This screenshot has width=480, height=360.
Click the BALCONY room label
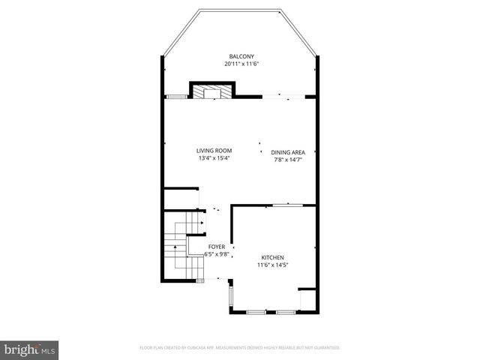coord(241,56)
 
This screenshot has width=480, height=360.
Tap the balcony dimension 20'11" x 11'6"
coord(241,64)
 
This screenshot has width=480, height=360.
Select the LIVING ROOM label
coord(214,151)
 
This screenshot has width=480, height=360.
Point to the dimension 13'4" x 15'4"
coord(214,158)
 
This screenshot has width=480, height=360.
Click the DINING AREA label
coord(288,152)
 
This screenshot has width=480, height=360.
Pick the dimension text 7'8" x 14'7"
coord(288,159)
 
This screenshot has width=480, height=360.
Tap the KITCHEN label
coord(273,256)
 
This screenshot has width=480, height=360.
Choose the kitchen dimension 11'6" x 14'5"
coord(273,264)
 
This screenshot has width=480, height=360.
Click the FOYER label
coord(216,247)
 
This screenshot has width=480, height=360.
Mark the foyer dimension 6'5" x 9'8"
coord(216,254)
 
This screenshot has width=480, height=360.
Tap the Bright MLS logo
coord(30,349)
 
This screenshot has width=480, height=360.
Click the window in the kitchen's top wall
coord(287,205)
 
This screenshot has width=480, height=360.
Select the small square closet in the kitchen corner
coord(307,298)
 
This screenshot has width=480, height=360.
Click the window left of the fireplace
coord(176,96)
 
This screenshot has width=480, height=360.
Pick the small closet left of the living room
coord(179,199)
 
